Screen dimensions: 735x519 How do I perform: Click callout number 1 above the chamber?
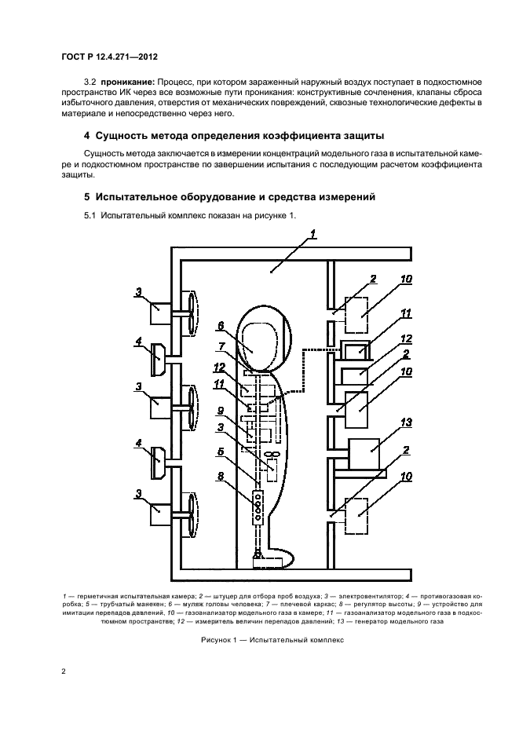pos(312,234)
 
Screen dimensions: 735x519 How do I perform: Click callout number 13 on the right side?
pos(406,422)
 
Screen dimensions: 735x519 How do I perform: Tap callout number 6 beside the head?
pos(221,325)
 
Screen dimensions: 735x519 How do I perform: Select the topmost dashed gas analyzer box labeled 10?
pos(360,316)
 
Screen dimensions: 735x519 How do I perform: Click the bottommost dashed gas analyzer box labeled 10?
pos(360,516)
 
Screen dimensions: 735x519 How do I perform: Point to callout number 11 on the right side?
pos(406,313)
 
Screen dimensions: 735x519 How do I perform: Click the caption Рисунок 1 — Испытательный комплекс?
pos(260,639)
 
